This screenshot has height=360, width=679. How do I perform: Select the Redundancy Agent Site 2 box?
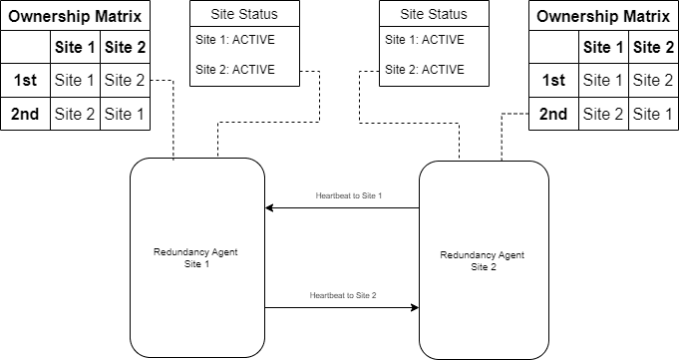(483, 261)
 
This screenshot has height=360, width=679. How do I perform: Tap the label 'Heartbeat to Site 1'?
(348, 196)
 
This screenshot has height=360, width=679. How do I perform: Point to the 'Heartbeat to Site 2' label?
(342, 296)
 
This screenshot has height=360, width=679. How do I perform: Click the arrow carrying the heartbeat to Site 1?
(342, 208)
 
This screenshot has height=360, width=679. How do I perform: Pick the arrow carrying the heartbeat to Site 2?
(342, 308)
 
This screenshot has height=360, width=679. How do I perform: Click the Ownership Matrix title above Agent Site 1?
(75, 16)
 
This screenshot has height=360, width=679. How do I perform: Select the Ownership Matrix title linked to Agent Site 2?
(603, 16)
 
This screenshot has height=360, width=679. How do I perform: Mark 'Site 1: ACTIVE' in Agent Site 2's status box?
(424, 40)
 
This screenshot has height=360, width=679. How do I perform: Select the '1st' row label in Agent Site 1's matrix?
(25, 80)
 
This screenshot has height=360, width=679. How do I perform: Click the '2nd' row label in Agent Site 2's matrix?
(553, 114)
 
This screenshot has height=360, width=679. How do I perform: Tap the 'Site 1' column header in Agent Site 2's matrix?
(603, 47)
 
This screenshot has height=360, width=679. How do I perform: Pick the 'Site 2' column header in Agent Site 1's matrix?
(125, 47)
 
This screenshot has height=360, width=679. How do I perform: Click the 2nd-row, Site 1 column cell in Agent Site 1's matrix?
(75, 114)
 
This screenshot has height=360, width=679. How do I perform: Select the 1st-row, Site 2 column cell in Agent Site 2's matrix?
(653, 80)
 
